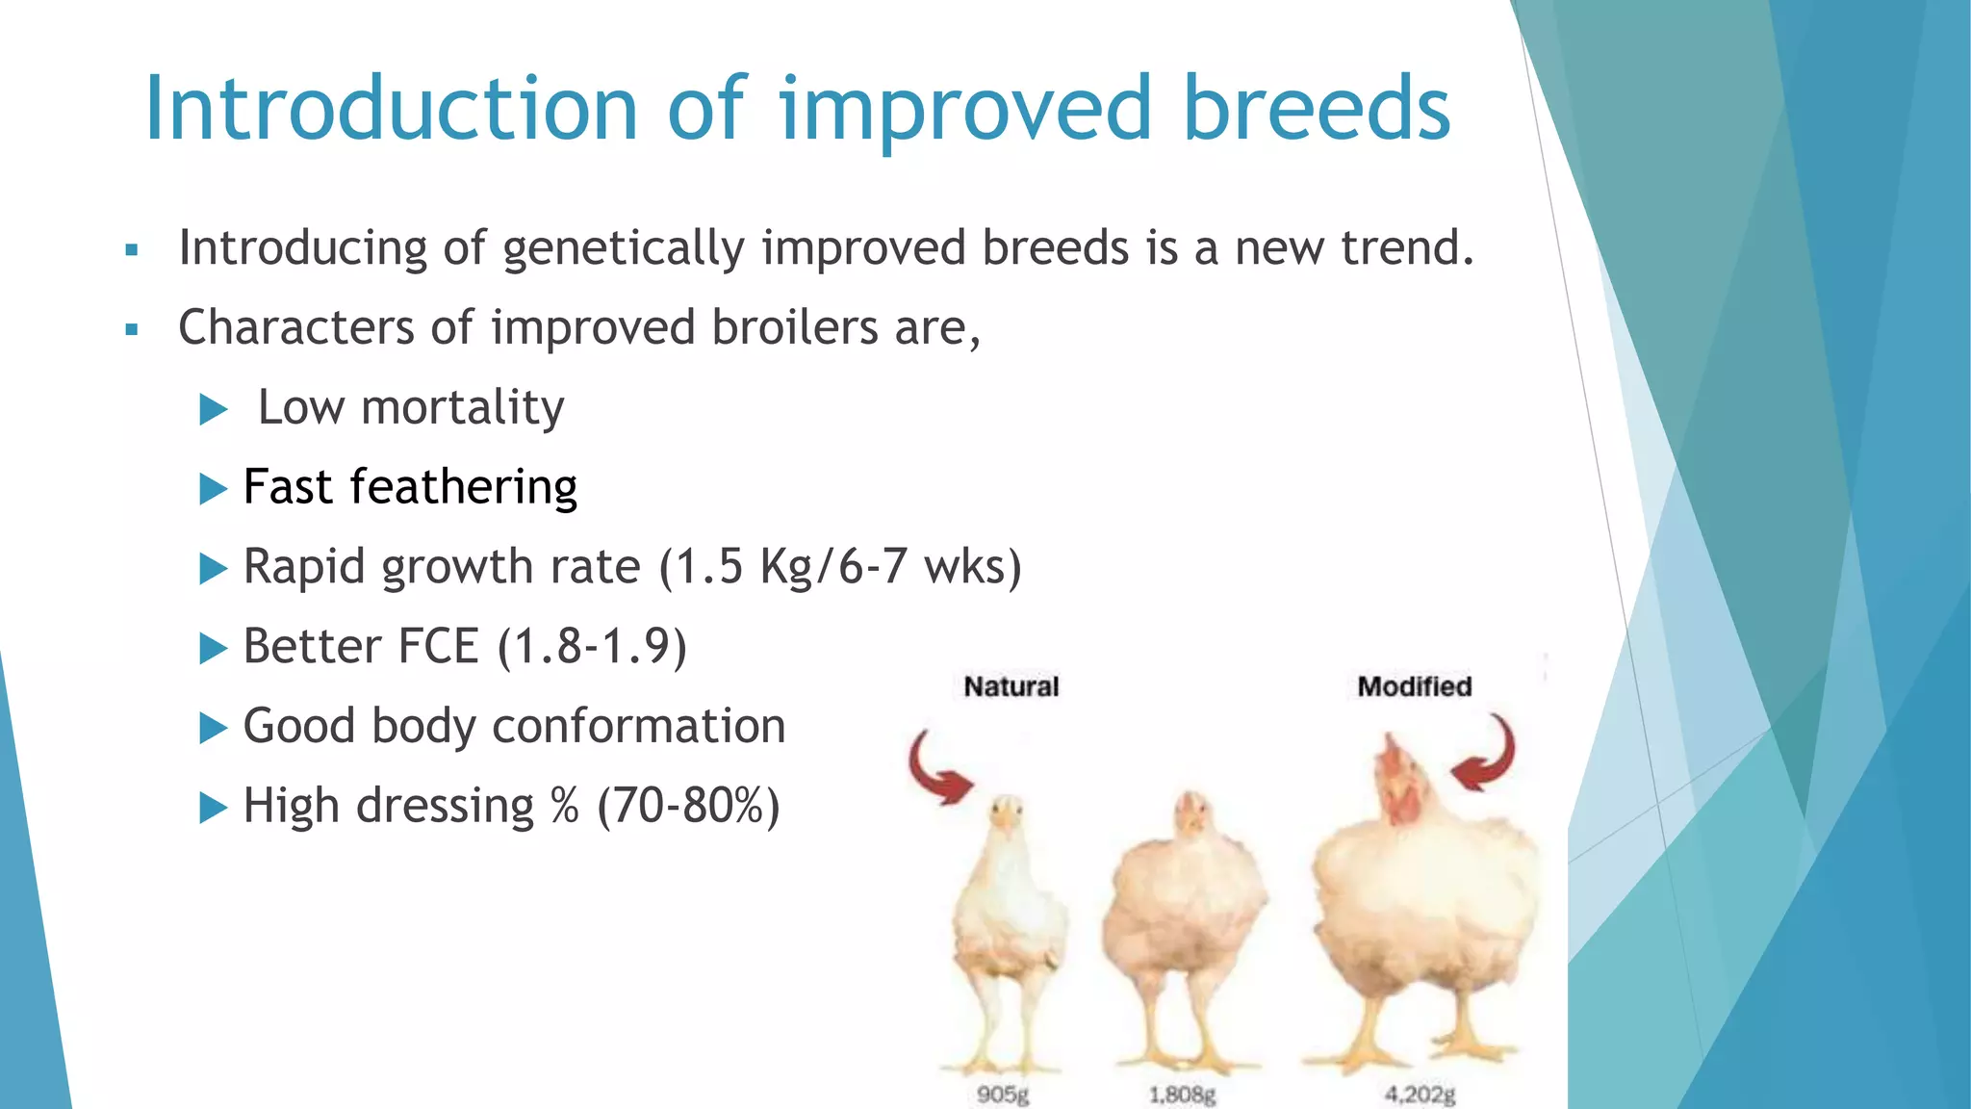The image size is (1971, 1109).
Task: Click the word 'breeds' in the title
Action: click(x=1316, y=108)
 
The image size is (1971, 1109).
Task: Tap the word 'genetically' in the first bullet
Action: click(x=624, y=249)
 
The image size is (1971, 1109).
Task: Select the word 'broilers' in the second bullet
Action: click(x=795, y=327)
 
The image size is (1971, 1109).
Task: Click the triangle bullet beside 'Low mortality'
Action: click(x=213, y=410)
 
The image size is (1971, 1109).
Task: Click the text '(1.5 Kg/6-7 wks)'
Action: click(x=840, y=566)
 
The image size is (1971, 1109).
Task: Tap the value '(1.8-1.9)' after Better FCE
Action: click(x=592, y=646)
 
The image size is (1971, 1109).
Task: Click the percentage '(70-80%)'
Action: click(x=688, y=806)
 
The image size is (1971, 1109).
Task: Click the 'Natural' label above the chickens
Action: click(x=1011, y=686)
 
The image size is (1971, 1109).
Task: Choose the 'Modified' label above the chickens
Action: click(x=1414, y=686)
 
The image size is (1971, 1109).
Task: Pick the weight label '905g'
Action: click(x=1003, y=1095)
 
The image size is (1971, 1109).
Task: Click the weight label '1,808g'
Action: click(x=1182, y=1095)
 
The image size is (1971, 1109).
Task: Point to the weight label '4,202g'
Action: click(x=1420, y=1095)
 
